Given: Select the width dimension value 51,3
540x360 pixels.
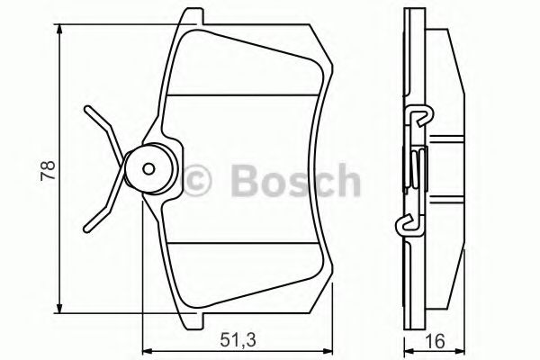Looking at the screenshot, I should click(x=236, y=339).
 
